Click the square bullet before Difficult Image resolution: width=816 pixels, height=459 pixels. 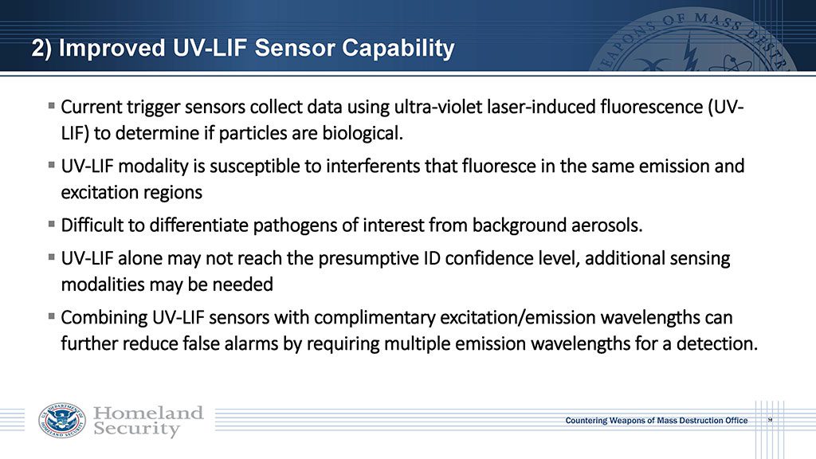click(51, 224)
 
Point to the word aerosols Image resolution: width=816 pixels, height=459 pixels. click(606, 226)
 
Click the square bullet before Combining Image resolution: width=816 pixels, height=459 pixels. click(51, 316)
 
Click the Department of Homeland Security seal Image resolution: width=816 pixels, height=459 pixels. click(62, 420)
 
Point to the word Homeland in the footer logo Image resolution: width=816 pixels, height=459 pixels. click(147, 414)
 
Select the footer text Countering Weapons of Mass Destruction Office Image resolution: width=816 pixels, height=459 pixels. click(657, 421)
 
